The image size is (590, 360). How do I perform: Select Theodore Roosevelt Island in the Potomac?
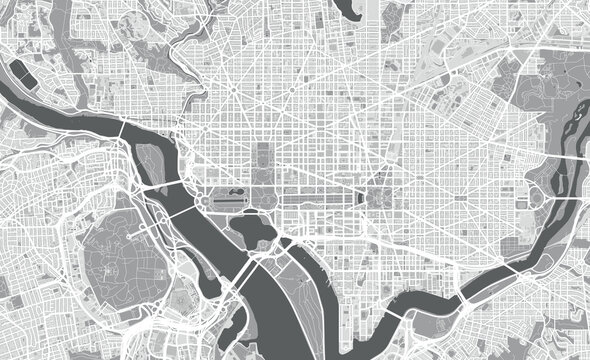[150, 160]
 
